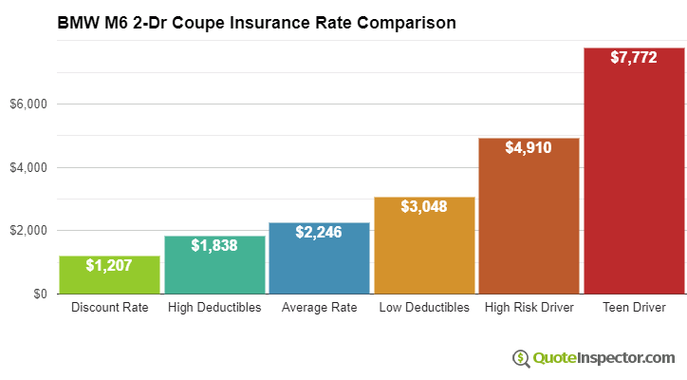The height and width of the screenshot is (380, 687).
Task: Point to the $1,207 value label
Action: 109,264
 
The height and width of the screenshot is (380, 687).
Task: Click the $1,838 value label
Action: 214,245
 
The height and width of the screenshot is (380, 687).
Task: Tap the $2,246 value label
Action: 320,232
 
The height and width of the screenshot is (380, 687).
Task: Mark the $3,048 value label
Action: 424,206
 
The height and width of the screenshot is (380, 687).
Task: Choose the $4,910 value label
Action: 529,147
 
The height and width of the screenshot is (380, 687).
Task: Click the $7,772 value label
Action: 634,57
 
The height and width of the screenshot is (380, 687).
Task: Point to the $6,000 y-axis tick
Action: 28,104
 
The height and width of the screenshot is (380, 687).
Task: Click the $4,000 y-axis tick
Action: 28,167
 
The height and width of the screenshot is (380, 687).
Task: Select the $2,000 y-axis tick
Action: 28,231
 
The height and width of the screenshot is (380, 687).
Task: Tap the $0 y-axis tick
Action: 39,294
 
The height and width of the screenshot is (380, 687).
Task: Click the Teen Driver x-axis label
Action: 634,308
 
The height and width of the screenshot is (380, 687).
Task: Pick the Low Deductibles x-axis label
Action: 424,308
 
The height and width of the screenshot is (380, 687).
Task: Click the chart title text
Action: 256,21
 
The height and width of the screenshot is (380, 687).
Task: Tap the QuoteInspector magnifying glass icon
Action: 522,358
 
